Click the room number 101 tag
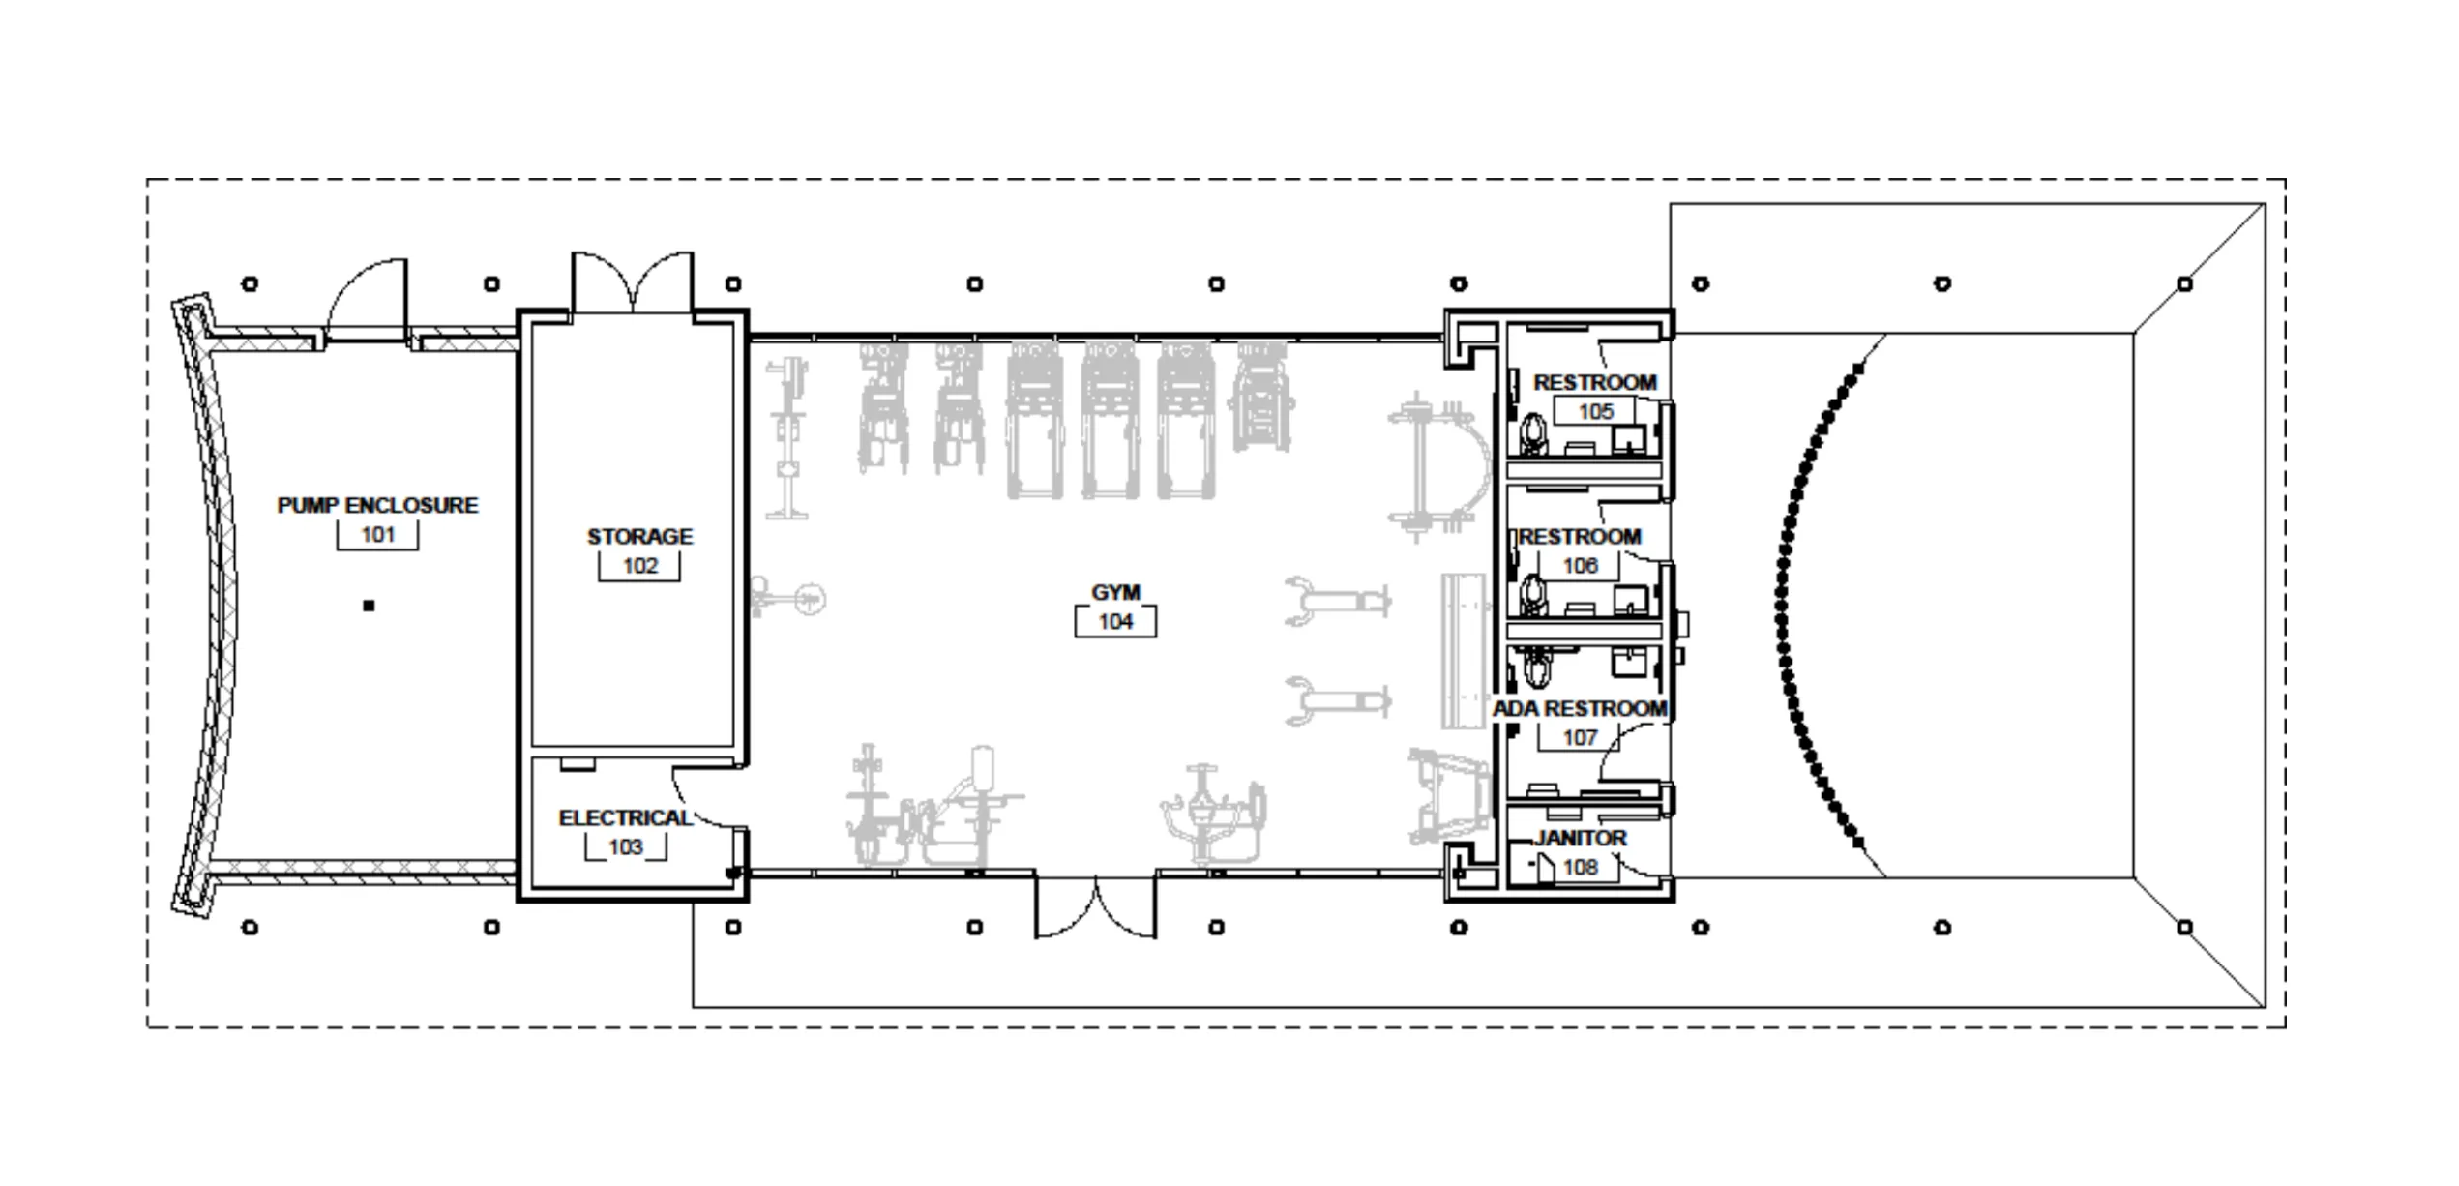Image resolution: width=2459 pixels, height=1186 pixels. click(377, 535)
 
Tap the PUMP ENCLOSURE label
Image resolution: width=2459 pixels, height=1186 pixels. click(377, 505)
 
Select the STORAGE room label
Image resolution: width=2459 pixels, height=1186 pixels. click(639, 536)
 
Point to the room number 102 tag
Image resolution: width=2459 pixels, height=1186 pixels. click(639, 566)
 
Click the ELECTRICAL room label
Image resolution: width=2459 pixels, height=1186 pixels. click(626, 818)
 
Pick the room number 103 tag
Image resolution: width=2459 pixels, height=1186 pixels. click(626, 847)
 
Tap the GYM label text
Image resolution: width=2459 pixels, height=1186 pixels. click(1115, 592)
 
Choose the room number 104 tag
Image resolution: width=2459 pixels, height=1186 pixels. click(1115, 622)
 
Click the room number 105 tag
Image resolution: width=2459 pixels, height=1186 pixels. click(1595, 412)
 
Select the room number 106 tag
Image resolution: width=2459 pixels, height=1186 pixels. click(1580, 566)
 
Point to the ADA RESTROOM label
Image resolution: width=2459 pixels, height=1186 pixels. click(1580, 709)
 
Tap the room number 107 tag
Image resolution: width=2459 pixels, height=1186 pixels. click(1580, 738)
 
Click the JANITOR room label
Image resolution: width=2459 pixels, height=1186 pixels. click(1580, 838)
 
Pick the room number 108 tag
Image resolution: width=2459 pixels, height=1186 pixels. click(1580, 867)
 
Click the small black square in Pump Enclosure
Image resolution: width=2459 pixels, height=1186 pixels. click(369, 607)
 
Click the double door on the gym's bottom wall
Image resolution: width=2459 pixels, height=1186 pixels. click(1095, 905)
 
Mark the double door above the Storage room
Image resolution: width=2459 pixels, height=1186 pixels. click(633, 282)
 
